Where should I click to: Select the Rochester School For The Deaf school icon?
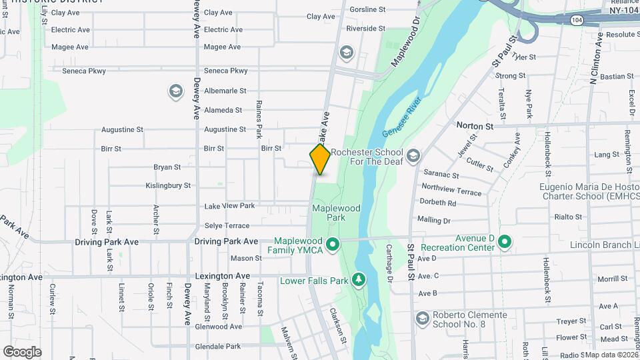coord(413,156)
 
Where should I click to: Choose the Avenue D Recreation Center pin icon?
coord(505,242)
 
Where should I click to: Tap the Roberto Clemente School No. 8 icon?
coord(421,318)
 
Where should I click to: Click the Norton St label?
coord(475,125)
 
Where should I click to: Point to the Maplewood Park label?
coord(337,213)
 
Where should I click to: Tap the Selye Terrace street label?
coord(227,226)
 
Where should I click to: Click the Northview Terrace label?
coord(451,191)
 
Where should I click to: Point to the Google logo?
coord(22,352)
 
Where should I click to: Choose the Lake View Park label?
coord(229,206)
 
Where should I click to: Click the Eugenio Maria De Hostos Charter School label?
coord(589,191)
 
